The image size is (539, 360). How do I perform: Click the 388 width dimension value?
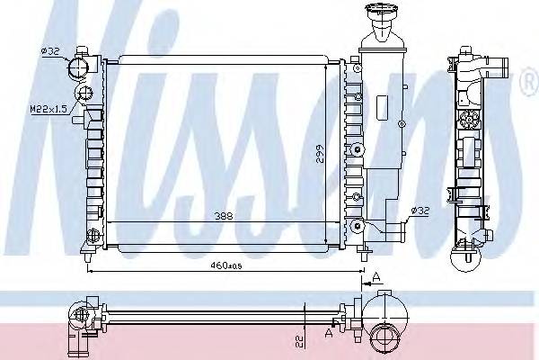point(224,216)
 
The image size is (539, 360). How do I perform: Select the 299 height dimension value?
point(320,156)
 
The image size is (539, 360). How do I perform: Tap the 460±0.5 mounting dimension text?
point(226,265)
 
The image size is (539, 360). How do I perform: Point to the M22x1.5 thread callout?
point(49,109)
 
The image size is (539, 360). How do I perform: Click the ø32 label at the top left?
point(50,51)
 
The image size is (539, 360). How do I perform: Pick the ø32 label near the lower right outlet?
point(420,210)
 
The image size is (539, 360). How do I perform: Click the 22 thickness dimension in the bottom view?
point(300,341)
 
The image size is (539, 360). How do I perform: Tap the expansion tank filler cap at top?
point(381,9)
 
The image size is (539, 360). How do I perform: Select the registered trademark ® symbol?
point(530,82)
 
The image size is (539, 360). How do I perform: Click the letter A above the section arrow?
point(376,276)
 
